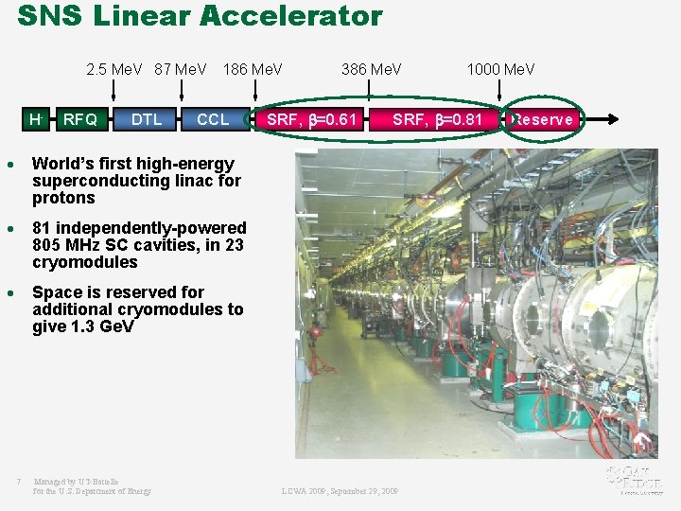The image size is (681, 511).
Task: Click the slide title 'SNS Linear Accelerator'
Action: [200, 17]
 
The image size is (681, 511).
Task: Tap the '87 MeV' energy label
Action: [181, 69]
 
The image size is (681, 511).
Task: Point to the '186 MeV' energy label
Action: [252, 69]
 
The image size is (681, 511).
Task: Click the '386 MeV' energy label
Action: [371, 69]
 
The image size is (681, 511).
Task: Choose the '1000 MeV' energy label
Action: [500, 69]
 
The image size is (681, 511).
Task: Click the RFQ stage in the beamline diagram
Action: [79, 119]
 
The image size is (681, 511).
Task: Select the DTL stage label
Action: [147, 119]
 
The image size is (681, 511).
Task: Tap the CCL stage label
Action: [213, 119]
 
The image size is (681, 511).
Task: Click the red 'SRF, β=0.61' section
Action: [312, 119]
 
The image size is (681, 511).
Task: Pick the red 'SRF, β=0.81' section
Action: [438, 119]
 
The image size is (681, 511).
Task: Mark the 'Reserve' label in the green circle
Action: [543, 119]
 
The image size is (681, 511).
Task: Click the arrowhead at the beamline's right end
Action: [614, 119]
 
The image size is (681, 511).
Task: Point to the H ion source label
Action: [36, 119]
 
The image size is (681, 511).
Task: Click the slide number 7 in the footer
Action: [18, 482]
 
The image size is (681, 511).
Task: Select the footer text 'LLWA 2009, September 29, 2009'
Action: [340, 491]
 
